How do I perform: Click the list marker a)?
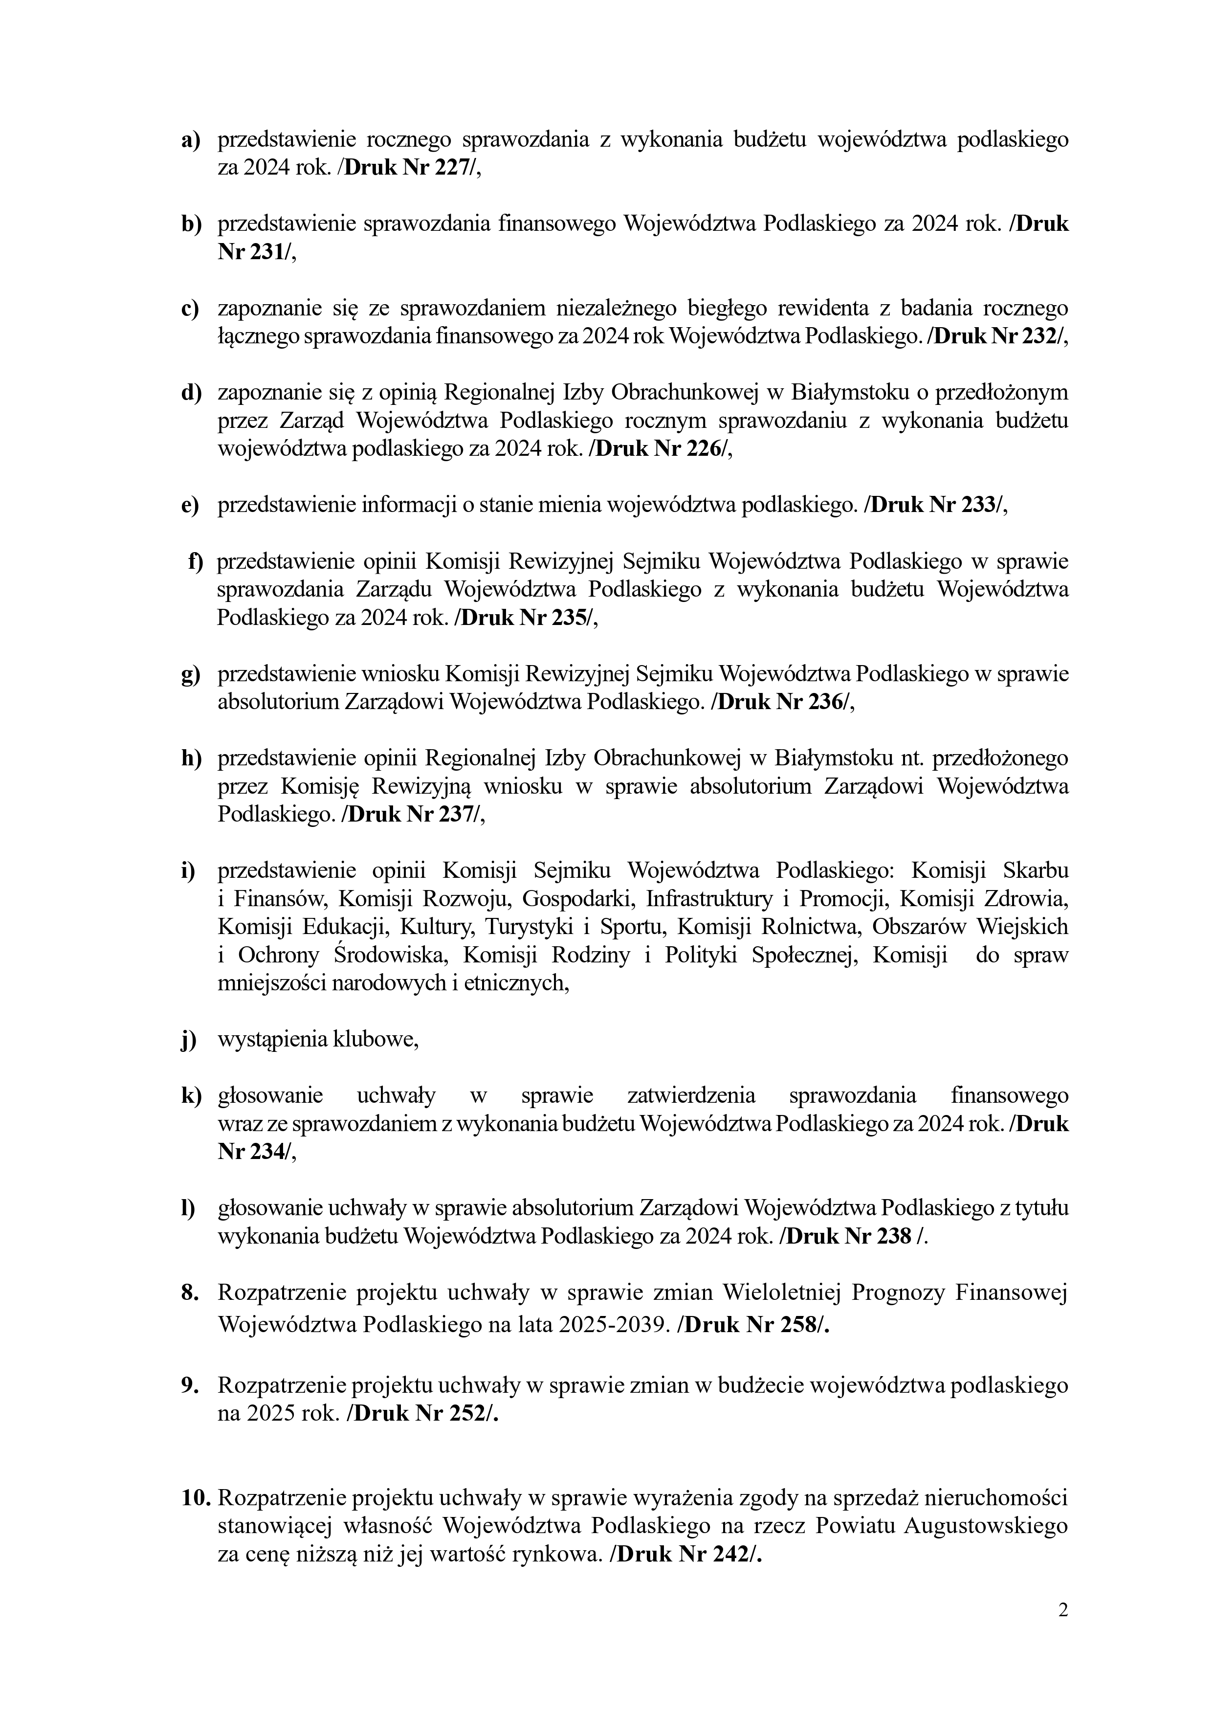(191, 140)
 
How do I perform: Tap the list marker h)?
(191, 758)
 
